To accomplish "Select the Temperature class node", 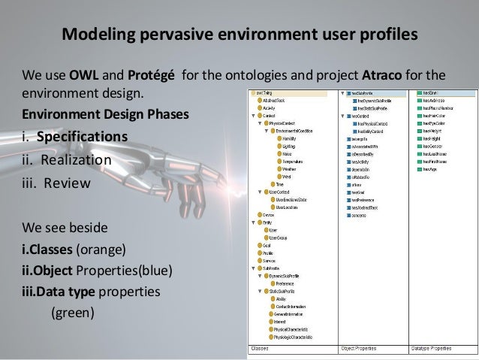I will pyautogui.click(x=294, y=162).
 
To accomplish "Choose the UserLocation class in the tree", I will pyautogui.click(x=290, y=207).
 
